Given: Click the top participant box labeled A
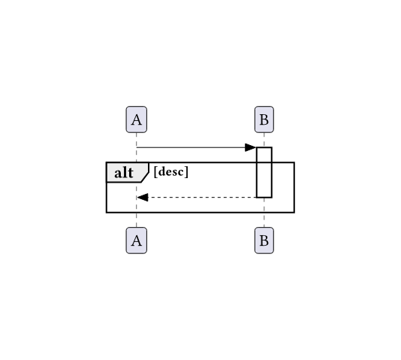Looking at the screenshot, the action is (x=137, y=119).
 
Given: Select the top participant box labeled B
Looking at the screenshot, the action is (x=264, y=119).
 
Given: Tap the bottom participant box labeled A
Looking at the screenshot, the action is (x=137, y=241).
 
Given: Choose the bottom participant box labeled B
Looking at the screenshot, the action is (x=264, y=241).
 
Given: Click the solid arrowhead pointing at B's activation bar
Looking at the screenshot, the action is (x=250, y=147).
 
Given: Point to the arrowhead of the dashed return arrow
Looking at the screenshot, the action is (x=143, y=197).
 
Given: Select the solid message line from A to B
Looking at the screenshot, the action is (x=197, y=147).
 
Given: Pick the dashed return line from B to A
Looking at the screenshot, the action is (x=197, y=197).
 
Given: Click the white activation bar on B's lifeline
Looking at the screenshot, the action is (x=264, y=172).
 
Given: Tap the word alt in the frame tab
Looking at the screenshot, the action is (x=124, y=173).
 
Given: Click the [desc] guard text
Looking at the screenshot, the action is (x=170, y=171).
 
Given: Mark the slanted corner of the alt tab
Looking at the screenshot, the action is (x=145, y=177).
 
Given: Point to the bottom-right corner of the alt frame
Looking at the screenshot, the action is (x=294, y=213).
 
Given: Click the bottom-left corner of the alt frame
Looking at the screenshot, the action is (x=107, y=213).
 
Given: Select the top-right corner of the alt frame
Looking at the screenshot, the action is (x=294, y=162).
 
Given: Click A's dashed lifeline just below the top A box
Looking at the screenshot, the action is (x=137, y=136).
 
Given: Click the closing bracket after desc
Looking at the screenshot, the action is (x=187, y=171).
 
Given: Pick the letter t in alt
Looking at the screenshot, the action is (x=131, y=173).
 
